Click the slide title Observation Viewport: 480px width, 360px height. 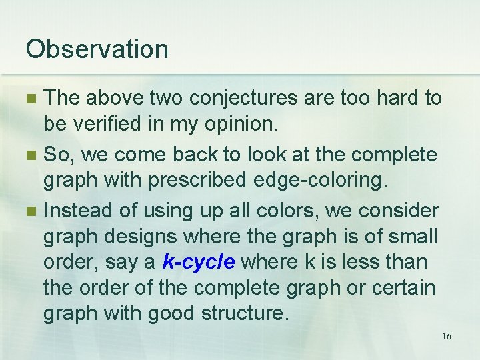pyautogui.click(x=97, y=49)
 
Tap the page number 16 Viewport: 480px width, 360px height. pyautogui.click(x=446, y=336)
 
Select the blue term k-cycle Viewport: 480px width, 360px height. pyautogui.click(x=199, y=262)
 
